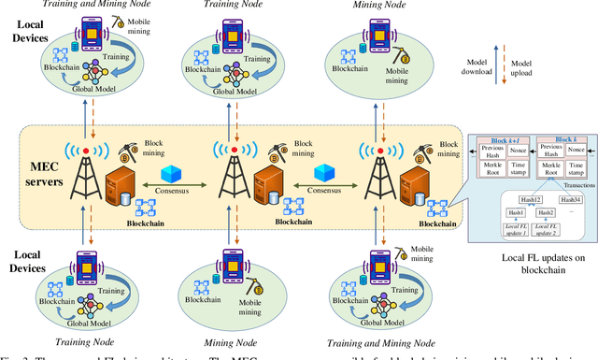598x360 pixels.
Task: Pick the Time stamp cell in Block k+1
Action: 520,169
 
